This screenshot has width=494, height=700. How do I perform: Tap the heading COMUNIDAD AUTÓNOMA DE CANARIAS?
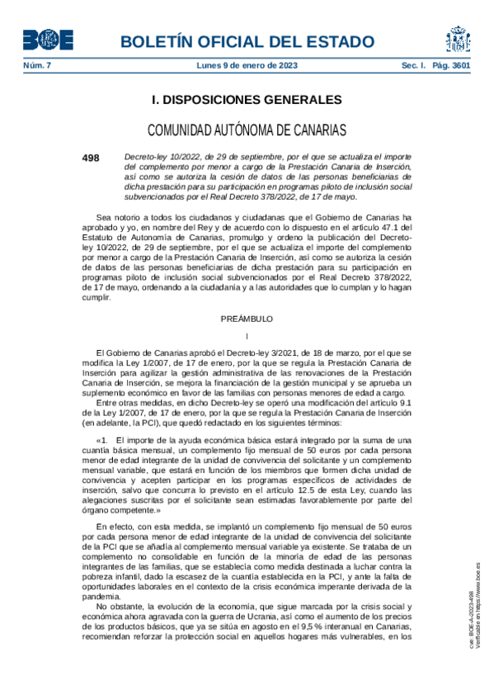click(247, 130)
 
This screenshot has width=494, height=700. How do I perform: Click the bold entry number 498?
click(90, 157)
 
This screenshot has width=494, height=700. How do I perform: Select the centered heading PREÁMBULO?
click(247, 318)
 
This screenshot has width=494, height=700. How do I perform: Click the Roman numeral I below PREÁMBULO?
click(247, 335)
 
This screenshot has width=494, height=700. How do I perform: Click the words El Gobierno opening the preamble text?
click(116, 352)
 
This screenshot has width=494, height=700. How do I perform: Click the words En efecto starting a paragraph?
click(115, 526)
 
